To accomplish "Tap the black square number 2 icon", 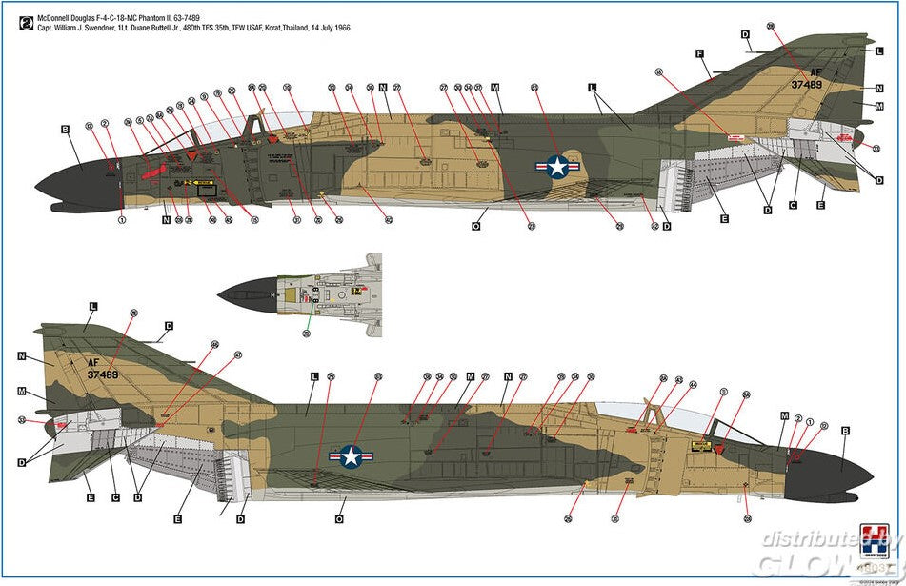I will pyautogui.click(x=24, y=22).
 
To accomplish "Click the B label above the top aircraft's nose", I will pyautogui.click(x=65, y=129).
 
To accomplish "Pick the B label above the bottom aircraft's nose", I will pyautogui.click(x=844, y=430).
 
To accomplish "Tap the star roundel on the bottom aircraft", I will pyautogui.click(x=351, y=456).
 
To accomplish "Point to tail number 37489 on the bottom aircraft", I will pyautogui.click(x=102, y=374).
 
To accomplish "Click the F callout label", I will pyautogui.click(x=699, y=53).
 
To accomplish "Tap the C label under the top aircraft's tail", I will pyautogui.click(x=793, y=205).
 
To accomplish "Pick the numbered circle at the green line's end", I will pyautogui.click(x=306, y=333).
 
